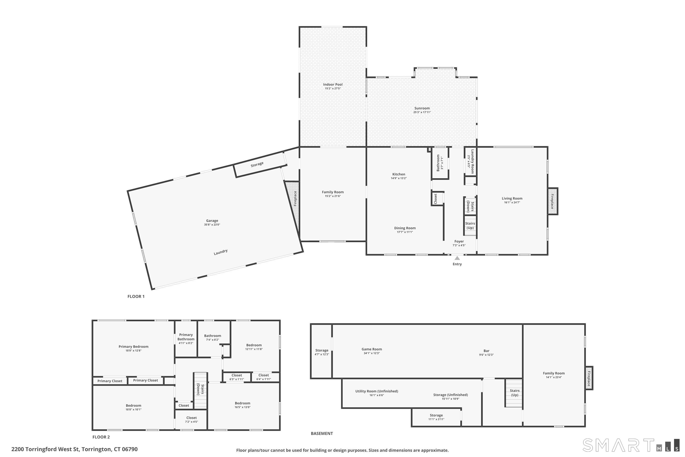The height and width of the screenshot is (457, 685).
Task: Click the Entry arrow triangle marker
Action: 457,258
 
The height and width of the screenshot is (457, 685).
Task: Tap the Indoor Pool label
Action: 333,85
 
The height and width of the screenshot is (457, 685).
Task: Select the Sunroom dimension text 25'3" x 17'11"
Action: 422,112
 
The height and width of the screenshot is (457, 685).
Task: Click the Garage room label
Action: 212,221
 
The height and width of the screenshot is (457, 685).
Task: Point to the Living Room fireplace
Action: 553,201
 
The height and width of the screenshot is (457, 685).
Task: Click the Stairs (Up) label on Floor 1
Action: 470,226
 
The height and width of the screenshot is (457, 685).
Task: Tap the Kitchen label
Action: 399,174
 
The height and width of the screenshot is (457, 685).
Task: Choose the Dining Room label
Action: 405,228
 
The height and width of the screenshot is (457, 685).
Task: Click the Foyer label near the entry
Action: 459,241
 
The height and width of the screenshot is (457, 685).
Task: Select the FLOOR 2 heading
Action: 101,437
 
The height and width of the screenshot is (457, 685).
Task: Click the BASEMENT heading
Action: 321,433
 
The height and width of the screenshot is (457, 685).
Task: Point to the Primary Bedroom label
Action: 133,347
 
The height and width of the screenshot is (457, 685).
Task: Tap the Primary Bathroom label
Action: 186,337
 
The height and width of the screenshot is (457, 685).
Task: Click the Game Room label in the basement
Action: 372,349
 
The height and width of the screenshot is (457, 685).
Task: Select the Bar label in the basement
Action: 486,351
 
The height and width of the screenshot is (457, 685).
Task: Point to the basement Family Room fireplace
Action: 589,378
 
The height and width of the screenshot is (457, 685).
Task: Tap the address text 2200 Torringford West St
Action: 45,449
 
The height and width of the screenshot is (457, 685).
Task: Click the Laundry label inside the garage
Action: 221,252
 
